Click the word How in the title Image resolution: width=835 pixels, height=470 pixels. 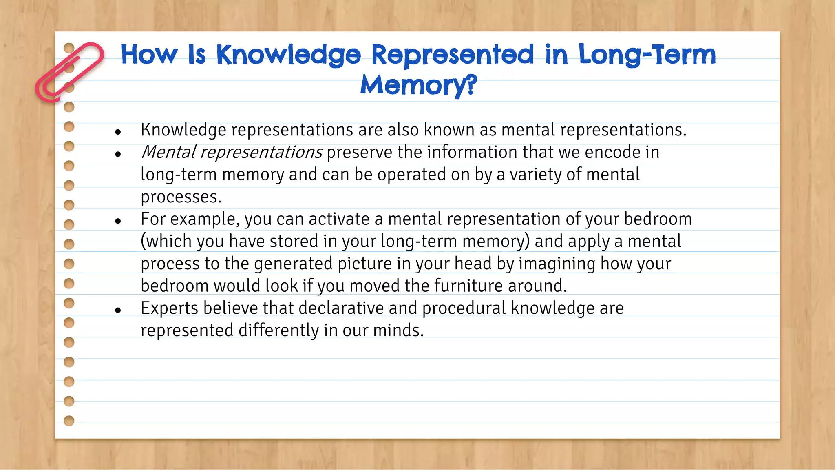point(149,55)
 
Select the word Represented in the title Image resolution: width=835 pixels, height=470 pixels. point(453,55)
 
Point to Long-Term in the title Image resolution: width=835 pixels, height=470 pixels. point(647,55)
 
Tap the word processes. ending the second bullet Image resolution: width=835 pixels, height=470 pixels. point(181,197)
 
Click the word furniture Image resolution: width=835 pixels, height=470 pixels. point(468,286)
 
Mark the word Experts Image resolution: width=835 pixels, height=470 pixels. point(170,308)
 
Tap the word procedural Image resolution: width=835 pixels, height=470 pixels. point(464,308)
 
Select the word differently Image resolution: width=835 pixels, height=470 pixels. point(278,330)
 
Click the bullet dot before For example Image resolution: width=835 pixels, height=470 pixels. point(118,221)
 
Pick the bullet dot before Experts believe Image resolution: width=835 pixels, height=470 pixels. point(118,310)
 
